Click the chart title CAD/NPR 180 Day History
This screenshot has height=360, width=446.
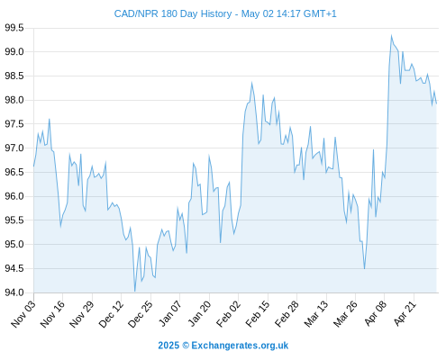173,14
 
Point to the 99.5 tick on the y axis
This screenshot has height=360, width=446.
14,28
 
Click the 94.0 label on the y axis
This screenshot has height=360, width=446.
14,292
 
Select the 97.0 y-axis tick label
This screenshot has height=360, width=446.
14,148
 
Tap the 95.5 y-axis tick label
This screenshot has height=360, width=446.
14,220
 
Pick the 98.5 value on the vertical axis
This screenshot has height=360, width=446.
14,76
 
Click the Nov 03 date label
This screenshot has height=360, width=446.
23,313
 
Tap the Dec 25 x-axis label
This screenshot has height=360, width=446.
141,313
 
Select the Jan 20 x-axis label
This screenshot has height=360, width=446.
199,313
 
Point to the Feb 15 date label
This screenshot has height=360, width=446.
258,313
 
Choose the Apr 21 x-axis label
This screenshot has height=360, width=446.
405,313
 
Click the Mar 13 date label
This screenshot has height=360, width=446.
316,313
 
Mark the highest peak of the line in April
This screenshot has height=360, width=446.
391,35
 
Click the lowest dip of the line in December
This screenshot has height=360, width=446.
135,291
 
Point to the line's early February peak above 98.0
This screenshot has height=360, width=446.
251,83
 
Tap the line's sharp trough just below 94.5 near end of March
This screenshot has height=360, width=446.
364,268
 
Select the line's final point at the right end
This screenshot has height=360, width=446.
436,103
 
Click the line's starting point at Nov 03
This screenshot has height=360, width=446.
33,166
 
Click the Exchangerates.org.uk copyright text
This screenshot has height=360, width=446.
223,346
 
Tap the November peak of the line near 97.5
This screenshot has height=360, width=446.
50,119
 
